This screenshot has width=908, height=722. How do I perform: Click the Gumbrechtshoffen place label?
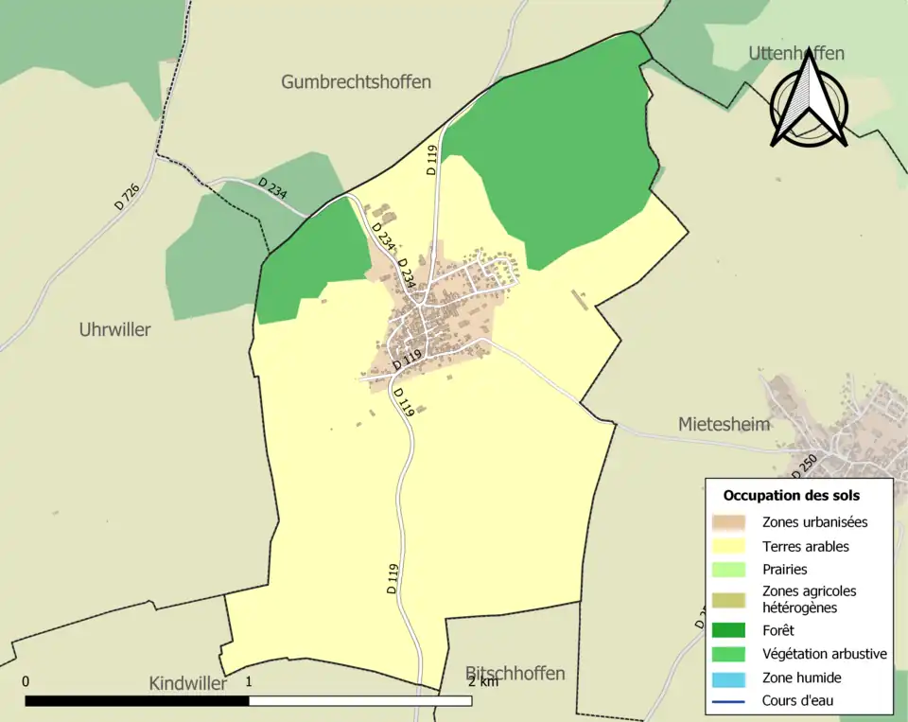(x=356, y=82)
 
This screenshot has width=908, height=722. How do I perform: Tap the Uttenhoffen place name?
(x=795, y=53)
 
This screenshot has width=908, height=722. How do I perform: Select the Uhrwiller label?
(x=114, y=330)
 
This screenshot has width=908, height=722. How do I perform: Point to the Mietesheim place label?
(x=724, y=425)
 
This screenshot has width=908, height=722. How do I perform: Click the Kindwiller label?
(x=187, y=683)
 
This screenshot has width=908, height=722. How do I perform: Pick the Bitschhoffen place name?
(x=515, y=674)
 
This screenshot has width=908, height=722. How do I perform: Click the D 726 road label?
(x=127, y=196)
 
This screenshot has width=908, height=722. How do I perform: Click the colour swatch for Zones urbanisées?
(x=728, y=522)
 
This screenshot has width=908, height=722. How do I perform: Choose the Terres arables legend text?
(x=805, y=546)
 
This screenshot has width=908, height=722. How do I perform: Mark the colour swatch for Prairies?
(x=728, y=570)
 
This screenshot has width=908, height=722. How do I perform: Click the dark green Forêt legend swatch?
(x=728, y=630)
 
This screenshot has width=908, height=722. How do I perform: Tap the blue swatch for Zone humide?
(x=728, y=678)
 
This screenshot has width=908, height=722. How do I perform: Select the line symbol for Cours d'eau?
(x=728, y=701)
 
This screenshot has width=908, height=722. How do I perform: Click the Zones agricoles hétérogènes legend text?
(x=809, y=599)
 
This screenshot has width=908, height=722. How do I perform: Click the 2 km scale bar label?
(x=482, y=681)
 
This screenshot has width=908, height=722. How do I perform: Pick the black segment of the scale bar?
(x=137, y=701)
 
